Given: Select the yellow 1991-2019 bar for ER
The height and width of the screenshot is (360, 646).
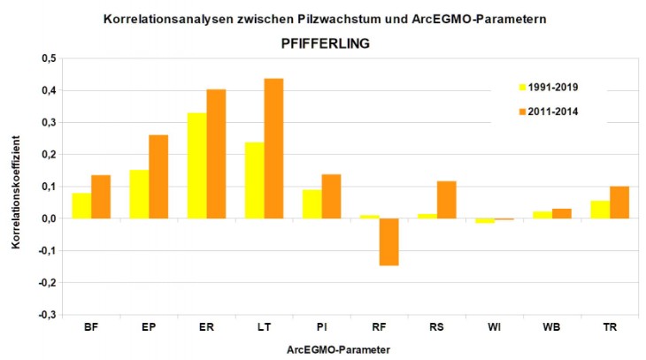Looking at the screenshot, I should click(196, 165).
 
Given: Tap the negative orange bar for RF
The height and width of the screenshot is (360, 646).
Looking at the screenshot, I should click(388, 241).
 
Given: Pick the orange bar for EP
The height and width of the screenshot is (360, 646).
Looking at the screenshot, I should click(158, 177).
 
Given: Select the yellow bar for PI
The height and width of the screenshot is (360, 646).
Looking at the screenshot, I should click(311, 203).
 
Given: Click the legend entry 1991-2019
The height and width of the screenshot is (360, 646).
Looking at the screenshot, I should click(550, 87).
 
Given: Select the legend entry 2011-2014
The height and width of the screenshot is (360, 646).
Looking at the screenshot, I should click(550, 111).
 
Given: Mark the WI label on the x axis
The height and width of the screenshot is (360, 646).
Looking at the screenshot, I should click(494, 328).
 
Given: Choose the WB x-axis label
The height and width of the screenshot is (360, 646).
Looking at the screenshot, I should click(551, 328).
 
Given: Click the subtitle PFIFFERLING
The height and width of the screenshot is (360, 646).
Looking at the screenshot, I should click(323, 42).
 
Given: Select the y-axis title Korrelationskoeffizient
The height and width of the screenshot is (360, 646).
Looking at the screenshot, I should click(16, 186).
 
